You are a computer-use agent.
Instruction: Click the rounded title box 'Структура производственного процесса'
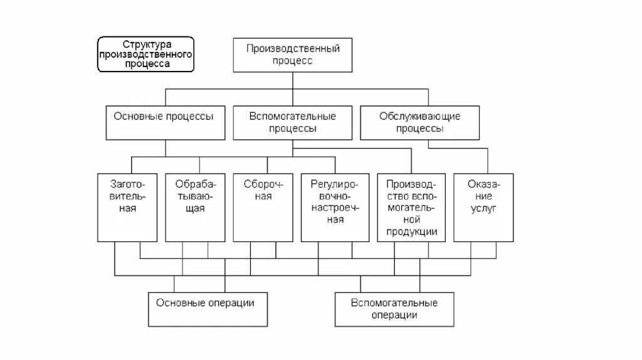146,54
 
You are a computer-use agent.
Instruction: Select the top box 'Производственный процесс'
293,55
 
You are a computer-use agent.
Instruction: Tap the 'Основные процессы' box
164,122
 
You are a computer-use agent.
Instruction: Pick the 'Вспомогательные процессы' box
293,122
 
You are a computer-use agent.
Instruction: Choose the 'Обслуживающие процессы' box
420,122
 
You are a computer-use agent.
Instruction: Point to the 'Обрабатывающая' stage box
196,207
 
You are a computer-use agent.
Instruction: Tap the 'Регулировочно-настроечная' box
335,207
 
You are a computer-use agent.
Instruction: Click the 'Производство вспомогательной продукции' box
411,207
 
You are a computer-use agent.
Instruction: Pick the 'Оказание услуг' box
483,207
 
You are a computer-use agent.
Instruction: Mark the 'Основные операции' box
205,309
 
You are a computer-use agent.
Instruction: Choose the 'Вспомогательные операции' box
394,309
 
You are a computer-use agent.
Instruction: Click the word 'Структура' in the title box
146,45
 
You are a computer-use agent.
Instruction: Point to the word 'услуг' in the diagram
483,209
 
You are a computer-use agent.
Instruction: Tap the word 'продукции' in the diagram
411,231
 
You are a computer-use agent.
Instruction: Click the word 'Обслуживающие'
420,116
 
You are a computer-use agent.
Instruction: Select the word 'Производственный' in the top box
293,48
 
